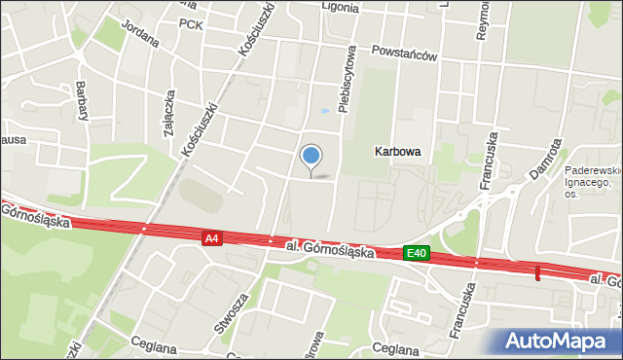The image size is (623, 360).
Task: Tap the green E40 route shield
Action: (x=417, y=253)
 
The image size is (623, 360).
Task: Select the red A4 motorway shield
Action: (x=212, y=237)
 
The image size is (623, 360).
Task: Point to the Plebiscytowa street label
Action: (x=344, y=83)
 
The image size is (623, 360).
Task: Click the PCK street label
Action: (x=192, y=24)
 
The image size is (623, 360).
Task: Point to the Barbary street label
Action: (x=83, y=100)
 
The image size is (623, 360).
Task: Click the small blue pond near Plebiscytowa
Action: (x=323, y=112)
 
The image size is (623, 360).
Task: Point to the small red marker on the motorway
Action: (x=537, y=272)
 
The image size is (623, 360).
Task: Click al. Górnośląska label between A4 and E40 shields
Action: (x=331, y=248)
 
